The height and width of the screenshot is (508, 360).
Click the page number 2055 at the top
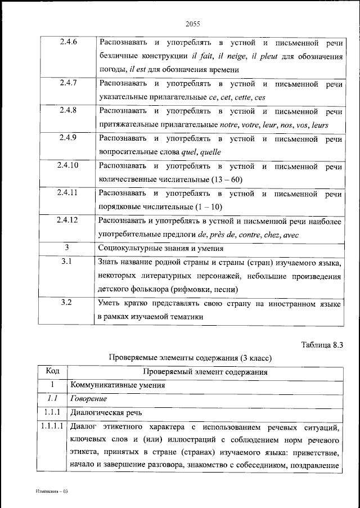click(x=192, y=24)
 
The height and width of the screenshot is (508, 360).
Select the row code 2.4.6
click(x=68, y=43)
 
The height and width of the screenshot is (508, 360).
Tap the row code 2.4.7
click(x=68, y=83)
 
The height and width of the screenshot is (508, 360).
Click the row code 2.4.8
click(x=68, y=111)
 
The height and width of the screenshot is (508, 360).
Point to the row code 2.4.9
click(x=68, y=138)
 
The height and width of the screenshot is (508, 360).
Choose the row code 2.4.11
click(x=68, y=192)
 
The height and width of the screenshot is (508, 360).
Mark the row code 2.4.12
click(x=68, y=220)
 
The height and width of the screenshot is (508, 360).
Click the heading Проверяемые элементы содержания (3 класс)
click(x=190, y=358)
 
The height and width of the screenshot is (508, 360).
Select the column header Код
click(x=52, y=372)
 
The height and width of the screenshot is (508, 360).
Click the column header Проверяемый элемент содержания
click(x=205, y=372)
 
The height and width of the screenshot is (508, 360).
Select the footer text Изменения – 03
click(x=51, y=491)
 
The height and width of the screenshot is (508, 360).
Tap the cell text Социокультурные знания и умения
click(x=161, y=248)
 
